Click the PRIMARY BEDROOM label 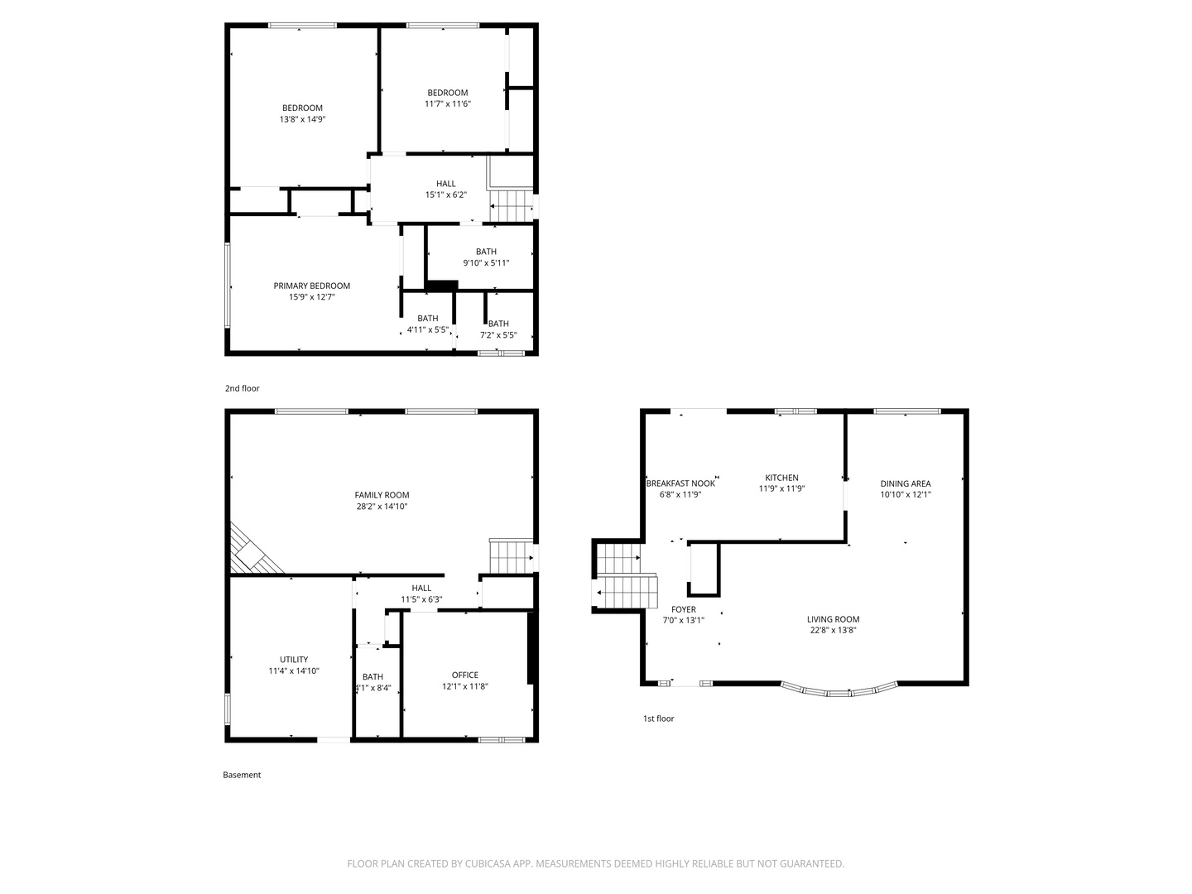coord(311,286)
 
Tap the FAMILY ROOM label coord(382,495)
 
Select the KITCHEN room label coord(781,478)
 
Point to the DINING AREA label coord(906,483)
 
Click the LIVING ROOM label coord(833,619)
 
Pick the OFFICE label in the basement coord(465,675)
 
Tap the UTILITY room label coord(294,660)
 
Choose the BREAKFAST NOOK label coord(680,483)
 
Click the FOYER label coord(683,609)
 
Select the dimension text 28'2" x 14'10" coord(382,507)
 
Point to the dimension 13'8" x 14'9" coord(302,119)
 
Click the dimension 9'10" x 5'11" coord(486,263)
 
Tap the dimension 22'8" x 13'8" coord(833,630)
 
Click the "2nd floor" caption coord(243,389)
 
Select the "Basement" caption coord(242,775)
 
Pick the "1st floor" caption coord(658,719)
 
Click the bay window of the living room coord(839,693)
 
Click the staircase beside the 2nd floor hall coord(511,206)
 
